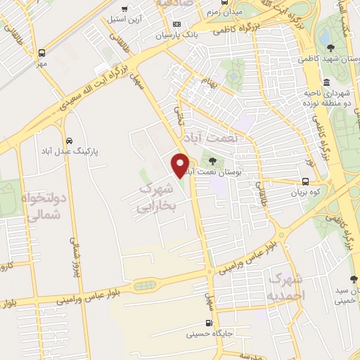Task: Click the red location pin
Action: (181, 165)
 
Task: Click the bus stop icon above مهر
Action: (42, 53)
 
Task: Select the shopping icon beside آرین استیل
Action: (124, 10)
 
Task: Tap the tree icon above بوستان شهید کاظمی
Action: (331, 48)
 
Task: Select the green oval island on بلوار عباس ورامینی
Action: (144, 285)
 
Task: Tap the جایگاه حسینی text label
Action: (207, 335)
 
